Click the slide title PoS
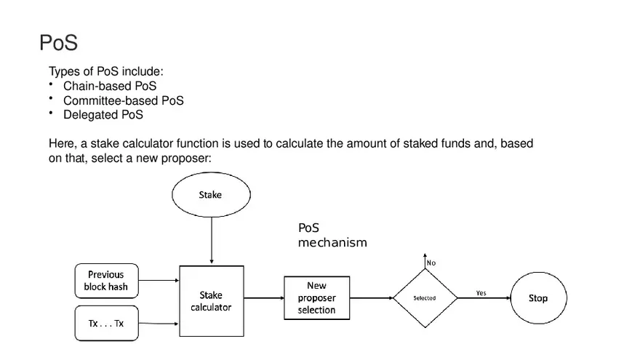[x=58, y=43]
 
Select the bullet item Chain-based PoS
[x=110, y=86]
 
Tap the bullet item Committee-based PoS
[x=123, y=100]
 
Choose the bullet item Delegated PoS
[x=103, y=114]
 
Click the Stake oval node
[x=211, y=195]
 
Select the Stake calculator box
[x=211, y=301]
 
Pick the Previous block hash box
[x=106, y=281]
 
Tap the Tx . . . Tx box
[x=106, y=323]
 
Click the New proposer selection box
[x=316, y=298]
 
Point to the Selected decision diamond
[x=425, y=298]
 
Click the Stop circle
[x=537, y=298]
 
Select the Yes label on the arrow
[x=481, y=292]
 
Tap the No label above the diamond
[x=431, y=263]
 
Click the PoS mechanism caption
[x=332, y=236]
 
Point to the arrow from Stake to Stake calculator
[x=211, y=240]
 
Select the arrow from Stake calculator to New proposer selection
[x=263, y=298]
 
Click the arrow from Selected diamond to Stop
[x=484, y=298]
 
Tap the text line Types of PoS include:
[x=106, y=71]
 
